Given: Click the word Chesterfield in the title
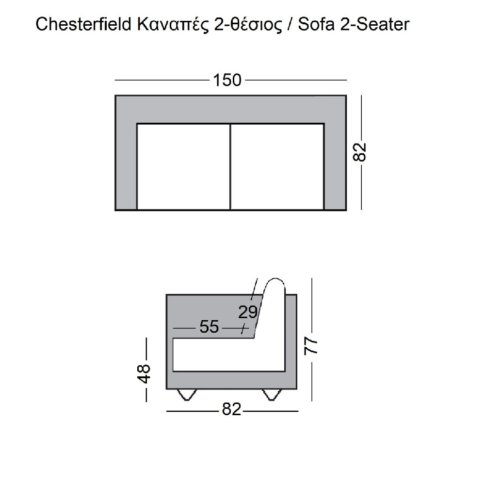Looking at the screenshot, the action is [x=83, y=24].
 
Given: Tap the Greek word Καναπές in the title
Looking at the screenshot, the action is [x=173, y=25].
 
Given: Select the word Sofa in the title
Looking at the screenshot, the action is [x=316, y=24].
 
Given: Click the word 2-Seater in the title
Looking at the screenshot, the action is [x=374, y=24].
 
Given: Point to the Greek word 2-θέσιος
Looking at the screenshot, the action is [x=248, y=24].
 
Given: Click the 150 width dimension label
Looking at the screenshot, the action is [x=227, y=80].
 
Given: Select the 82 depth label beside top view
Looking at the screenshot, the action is [x=359, y=152].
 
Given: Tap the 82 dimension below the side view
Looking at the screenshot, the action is [x=231, y=409].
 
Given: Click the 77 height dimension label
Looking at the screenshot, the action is [x=311, y=345].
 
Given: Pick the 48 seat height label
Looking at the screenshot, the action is [x=144, y=374].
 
